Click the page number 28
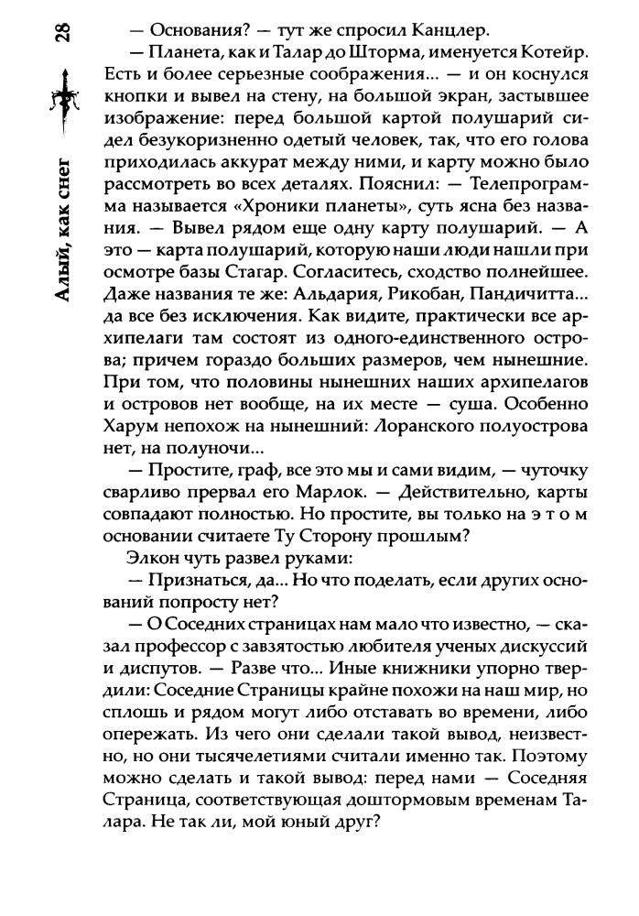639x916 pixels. coord(63,34)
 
